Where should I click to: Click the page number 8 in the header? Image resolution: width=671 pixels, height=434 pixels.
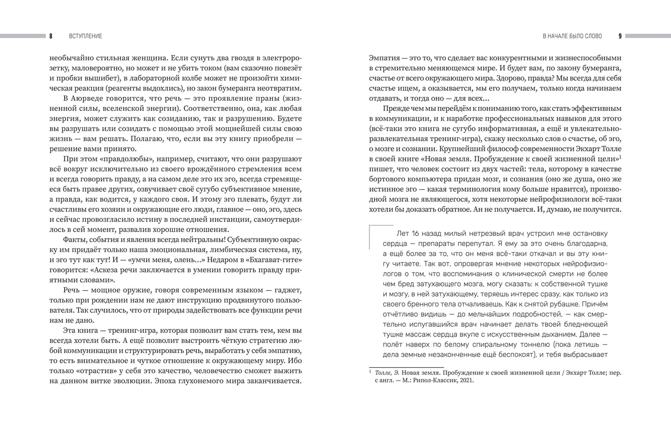[51, 36]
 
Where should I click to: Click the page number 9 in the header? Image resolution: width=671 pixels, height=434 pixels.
[620, 36]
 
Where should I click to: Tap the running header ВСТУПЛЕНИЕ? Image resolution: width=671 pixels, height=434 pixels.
[85, 36]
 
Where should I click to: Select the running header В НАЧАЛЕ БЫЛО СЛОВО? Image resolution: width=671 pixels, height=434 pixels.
[572, 36]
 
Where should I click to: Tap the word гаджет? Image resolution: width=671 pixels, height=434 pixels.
[288, 290]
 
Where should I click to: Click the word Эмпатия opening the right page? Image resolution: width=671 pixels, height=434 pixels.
[384, 58]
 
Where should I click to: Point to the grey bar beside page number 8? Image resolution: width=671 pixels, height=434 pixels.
[22, 36]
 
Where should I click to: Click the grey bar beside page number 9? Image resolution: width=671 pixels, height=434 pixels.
[648, 36]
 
